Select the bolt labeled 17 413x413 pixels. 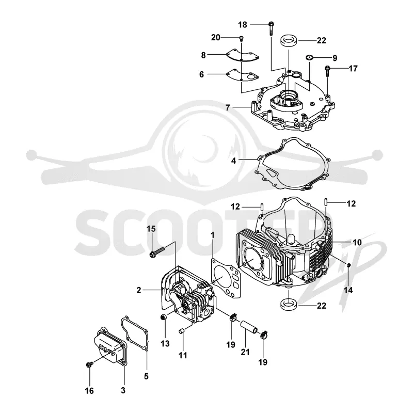327,71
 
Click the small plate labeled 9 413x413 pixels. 309,57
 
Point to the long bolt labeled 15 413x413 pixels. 157,251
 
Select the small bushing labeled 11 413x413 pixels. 181,331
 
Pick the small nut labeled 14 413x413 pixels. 348,265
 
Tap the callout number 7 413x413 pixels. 228,107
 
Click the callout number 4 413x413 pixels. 234,161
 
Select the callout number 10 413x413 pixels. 357,242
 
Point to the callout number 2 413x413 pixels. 139,290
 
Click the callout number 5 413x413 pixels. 146,376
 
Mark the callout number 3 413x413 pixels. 123,390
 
